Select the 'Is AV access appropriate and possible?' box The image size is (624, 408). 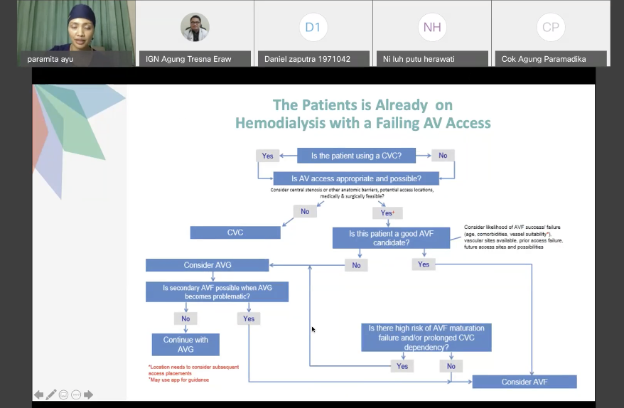(356, 178)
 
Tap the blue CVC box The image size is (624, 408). (235, 232)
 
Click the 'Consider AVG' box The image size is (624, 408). (207, 265)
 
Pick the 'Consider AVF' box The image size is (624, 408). (525, 382)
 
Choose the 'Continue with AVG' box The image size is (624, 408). (185, 345)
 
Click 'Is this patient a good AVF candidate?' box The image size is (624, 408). (391, 238)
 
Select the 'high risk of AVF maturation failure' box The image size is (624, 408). (426, 338)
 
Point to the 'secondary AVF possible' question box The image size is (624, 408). (217, 291)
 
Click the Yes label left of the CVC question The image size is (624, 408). (267, 156)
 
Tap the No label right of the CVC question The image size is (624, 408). (443, 156)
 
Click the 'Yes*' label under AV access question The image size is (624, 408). (387, 213)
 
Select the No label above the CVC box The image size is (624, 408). (305, 211)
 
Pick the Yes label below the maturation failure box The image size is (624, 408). (402, 366)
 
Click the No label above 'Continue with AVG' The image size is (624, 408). (185, 318)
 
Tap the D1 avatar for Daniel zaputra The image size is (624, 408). (313, 27)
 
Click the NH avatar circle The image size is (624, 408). (432, 27)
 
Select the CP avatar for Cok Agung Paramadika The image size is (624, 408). (551, 27)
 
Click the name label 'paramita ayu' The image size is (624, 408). (50, 59)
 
